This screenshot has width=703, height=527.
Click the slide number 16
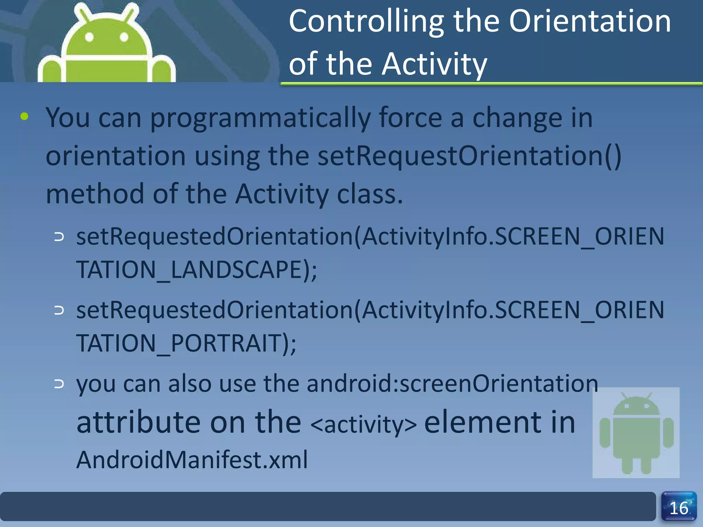[679, 508]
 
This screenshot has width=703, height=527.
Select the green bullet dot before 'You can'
[24, 117]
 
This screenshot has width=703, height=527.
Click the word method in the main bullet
[95, 194]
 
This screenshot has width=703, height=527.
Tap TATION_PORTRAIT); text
[186, 343]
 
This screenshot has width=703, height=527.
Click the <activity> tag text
[364, 425]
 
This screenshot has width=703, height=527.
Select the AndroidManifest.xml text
[192, 460]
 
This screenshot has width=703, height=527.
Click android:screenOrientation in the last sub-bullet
[452, 384]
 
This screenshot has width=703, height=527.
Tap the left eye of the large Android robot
[89, 37]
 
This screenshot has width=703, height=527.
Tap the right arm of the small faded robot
[668, 433]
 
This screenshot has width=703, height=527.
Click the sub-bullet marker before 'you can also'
[59, 384]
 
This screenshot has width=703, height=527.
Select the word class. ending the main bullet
[370, 194]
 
